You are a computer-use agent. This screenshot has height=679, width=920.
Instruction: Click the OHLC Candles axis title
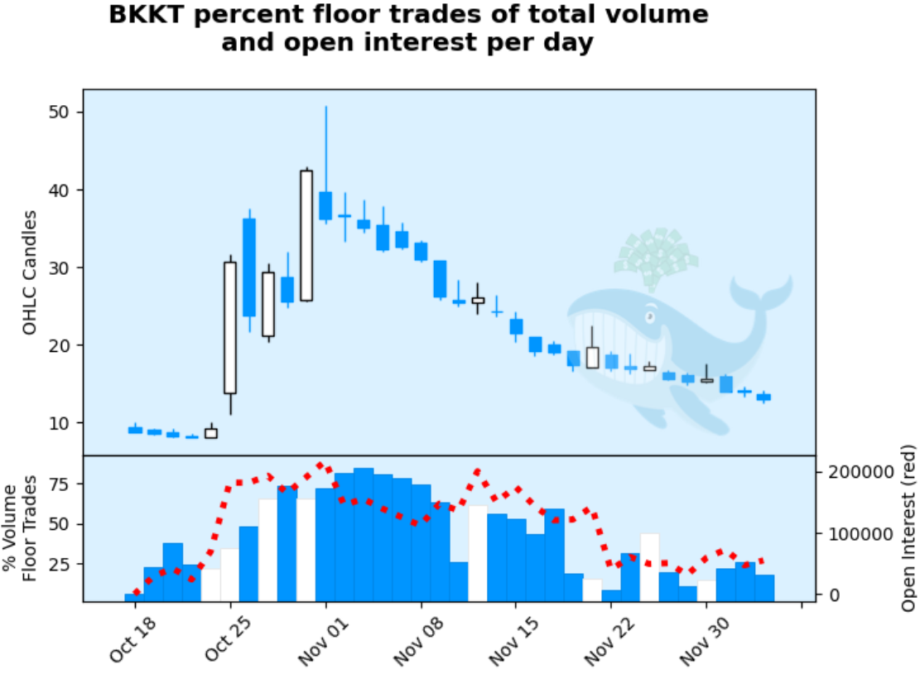(x=31, y=272)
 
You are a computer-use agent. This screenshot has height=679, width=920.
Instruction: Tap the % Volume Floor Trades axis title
(x=21, y=527)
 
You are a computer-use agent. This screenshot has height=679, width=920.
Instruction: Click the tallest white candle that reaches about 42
(x=306, y=235)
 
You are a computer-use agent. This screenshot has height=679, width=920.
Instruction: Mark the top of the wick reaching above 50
(x=325, y=108)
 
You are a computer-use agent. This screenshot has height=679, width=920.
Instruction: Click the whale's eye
(x=650, y=316)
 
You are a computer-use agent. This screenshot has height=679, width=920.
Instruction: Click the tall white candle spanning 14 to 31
(x=230, y=327)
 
